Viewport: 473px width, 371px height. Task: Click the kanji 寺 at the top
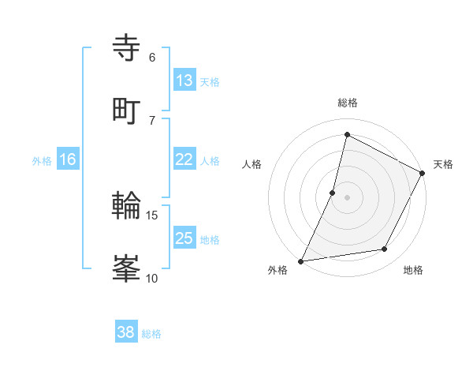128,48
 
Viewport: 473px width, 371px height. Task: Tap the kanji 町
128,110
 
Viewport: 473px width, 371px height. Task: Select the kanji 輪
128,207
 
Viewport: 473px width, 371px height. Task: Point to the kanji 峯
128,268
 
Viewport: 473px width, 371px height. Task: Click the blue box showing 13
184,80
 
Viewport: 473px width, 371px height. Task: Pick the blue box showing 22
184,159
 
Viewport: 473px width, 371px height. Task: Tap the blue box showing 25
184,238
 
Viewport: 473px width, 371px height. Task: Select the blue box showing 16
68,159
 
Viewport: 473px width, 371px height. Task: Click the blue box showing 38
126,332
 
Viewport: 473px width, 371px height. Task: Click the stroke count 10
152,278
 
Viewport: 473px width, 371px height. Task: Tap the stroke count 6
152,58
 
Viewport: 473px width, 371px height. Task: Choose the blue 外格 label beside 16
42,161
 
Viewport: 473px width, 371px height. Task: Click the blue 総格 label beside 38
151,334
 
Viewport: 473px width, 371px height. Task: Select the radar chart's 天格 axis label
443,164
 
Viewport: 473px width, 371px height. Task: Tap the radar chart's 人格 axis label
252,164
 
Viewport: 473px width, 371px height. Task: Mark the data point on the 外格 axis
301,260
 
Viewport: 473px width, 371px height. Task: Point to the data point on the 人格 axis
333,192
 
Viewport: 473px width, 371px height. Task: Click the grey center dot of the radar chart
348,197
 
